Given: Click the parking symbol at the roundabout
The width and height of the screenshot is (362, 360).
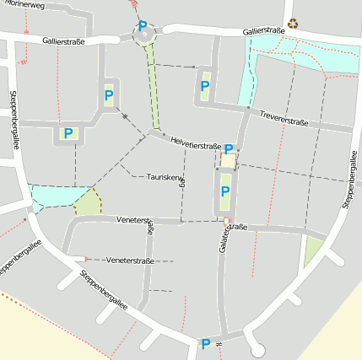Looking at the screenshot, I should coord(143,26).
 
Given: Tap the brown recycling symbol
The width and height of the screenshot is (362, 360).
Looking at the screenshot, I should coord(293,24).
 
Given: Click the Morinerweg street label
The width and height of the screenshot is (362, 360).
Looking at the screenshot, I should coord(23,4).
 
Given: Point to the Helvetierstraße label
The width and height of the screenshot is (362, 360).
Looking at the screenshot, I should coord(195,144).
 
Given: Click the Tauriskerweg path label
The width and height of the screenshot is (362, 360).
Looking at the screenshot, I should coord(165,178).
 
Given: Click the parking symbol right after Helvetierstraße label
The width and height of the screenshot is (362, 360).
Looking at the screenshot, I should coord(229,148).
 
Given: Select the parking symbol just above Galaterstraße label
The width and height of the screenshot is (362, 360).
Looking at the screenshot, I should coord(224,192).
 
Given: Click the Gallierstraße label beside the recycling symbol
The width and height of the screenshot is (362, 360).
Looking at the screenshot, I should coord(262,30).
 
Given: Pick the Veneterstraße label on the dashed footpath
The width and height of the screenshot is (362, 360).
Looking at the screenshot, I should coord(131,261).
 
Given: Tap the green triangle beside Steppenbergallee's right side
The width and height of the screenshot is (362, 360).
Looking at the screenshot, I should coord(314,250).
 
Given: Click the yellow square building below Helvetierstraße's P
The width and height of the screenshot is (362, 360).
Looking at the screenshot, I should coord(228,161).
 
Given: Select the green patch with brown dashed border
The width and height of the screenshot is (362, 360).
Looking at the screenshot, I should coord(87,202).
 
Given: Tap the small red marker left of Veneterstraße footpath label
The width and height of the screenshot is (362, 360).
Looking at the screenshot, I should coord(86,259).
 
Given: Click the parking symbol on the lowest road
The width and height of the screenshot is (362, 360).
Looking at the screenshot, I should coord(205,344).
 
